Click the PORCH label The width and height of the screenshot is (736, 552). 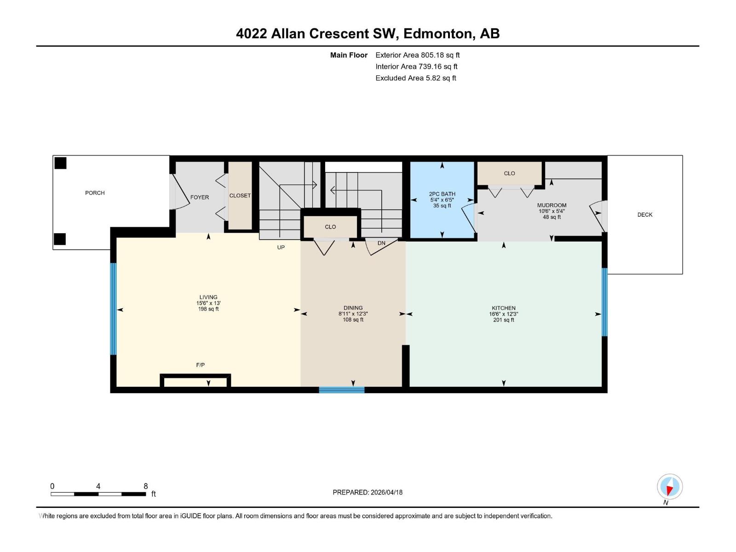pyautogui.click(x=95, y=193)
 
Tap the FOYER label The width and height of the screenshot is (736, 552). pyautogui.click(x=199, y=197)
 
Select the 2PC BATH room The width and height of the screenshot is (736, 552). pyautogui.click(x=442, y=200)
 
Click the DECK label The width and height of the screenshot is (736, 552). pyautogui.click(x=644, y=214)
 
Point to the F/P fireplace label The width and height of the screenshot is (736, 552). pyautogui.click(x=200, y=365)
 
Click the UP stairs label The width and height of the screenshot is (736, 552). pyautogui.click(x=281, y=247)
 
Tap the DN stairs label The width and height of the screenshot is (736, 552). pyautogui.click(x=381, y=243)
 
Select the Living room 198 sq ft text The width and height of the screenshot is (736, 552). pyautogui.click(x=208, y=309)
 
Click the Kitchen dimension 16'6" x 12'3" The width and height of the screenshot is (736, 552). pyautogui.click(x=504, y=314)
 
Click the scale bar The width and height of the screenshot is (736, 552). pyautogui.click(x=98, y=494)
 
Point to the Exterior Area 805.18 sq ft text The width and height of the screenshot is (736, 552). pyautogui.click(x=417, y=55)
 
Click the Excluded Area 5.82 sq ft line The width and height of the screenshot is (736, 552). pyautogui.click(x=415, y=78)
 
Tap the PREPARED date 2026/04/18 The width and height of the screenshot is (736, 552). pyautogui.click(x=367, y=492)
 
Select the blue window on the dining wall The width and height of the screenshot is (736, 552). pyautogui.click(x=341, y=390)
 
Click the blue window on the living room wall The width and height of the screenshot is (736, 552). pyautogui.click(x=113, y=309)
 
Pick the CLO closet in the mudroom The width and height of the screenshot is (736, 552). pyautogui.click(x=509, y=173)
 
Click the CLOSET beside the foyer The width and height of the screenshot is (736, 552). pyautogui.click(x=240, y=195)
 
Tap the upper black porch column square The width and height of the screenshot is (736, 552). pyautogui.click(x=60, y=163)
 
